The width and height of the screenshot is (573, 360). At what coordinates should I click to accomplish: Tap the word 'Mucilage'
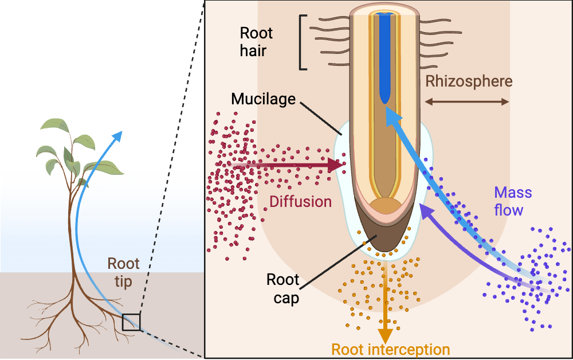[263, 99]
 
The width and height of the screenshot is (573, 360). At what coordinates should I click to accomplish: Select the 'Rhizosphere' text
[468, 81]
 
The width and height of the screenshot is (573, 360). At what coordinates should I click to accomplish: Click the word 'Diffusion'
[301, 202]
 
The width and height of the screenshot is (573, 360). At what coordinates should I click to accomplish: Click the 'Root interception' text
[391, 349]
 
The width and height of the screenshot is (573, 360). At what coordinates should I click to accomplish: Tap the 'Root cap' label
[284, 289]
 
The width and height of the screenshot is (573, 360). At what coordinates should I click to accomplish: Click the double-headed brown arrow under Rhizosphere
[466, 101]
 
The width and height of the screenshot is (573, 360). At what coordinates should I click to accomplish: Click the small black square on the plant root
[131, 322]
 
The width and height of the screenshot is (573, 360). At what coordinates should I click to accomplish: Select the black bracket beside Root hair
[303, 42]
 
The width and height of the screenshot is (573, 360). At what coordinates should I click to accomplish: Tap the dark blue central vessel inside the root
[383, 57]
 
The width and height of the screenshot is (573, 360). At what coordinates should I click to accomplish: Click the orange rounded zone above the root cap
[384, 208]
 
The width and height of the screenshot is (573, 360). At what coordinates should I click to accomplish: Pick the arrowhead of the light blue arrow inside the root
[391, 116]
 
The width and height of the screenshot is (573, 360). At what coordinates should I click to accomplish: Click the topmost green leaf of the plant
[54, 125]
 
